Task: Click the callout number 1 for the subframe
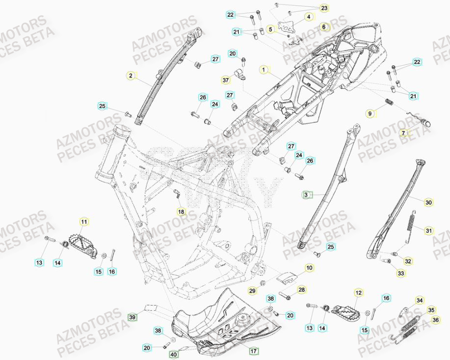click(263, 70)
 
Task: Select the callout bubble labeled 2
click(131, 76)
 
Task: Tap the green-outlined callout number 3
click(306, 195)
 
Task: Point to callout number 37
click(226, 80)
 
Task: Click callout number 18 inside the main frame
click(181, 212)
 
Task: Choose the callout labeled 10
click(309, 268)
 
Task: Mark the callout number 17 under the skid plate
click(254, 351)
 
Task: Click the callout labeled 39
click(132, 317)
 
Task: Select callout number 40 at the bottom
click(173, 354)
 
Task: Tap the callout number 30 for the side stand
click(428, 202)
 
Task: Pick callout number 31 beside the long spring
click(428, 231)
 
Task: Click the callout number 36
click(436, 320)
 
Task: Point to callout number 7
click(404, 133)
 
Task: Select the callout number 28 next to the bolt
click(301, 290)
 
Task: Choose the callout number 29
click(252, 291)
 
